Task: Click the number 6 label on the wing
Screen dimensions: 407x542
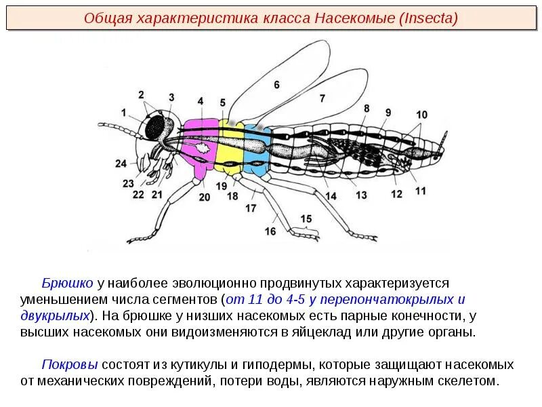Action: point(276,85)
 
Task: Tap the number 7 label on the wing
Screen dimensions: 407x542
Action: point(322,98)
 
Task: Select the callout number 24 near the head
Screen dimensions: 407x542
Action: point(121,163)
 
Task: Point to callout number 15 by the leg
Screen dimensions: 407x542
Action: point(307,218)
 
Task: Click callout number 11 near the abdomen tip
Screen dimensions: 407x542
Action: point(421,191)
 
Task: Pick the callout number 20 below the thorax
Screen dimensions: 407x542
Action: point(205,197)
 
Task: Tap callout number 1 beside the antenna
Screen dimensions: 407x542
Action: point(124,112)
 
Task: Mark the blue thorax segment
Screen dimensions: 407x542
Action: point(256,146)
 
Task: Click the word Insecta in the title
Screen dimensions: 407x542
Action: point(431,18)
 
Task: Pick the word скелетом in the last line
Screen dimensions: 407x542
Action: point(469,381)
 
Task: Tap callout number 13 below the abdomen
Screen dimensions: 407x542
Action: point(361,195)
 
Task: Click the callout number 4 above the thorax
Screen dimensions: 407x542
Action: point(201,101)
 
